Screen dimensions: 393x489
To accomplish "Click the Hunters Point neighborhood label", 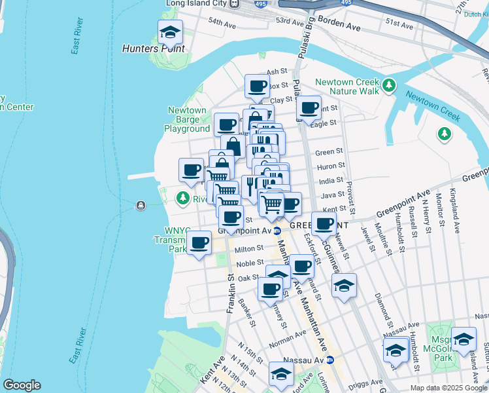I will click(x=154, y=48).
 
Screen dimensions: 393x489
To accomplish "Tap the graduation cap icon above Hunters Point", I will click(x=170, y=32).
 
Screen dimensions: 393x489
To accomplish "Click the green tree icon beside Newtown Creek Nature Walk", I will click(x=389, y=85).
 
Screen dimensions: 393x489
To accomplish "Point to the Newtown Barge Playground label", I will click(x=187, y=120).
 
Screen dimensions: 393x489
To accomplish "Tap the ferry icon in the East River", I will click(x=141, y=206).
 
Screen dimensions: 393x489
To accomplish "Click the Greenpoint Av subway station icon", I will click(x=277, y=231).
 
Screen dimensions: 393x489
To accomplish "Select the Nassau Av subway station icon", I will click(x=330, y=360).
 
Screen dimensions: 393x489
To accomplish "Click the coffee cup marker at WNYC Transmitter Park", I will click(x=199, y=242).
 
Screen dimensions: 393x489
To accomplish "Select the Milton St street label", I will click(x=248, y=249).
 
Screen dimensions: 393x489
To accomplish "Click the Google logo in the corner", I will click(x=22, y=385).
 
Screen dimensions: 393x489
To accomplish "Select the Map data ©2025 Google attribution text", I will click(x=448, y=388).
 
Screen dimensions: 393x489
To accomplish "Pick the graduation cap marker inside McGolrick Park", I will click(x=464, y=339).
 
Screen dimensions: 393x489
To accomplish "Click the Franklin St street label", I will click(x=230, y=294).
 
